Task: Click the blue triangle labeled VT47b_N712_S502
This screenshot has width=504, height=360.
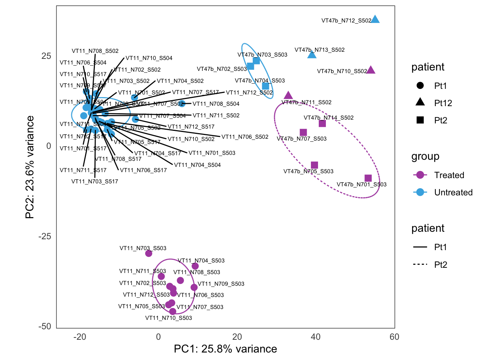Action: click(375, 19)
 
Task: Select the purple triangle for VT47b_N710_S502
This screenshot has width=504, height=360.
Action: click(370, 70)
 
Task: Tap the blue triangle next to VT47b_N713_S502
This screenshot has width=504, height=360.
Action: click(312, 55)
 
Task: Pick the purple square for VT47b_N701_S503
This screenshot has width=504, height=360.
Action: click(368, 178)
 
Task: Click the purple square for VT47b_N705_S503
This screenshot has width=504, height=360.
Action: click(314, 165)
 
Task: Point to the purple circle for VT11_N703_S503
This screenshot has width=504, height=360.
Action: click(148, 253)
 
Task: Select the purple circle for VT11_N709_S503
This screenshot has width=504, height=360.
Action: click(194, 288)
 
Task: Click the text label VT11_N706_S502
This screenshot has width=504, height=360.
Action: click(245, 137)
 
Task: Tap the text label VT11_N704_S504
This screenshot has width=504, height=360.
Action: click(197, 165)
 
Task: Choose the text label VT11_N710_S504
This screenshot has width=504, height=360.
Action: click(149, 58)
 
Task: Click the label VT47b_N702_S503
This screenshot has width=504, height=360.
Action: click(222, 69)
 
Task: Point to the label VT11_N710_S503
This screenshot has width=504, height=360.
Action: click(168, 318)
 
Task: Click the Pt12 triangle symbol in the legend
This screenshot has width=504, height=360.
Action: click(420, 102)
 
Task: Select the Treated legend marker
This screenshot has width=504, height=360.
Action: click(420, 175)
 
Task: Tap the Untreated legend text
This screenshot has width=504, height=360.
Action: click(453, 192)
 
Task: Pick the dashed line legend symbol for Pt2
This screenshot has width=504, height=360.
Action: click(420, 264)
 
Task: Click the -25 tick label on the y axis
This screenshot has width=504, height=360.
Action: click(45, 236)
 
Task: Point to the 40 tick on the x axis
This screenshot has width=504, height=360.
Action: click(315, 337)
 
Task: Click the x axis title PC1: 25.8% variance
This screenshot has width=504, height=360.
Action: click(225, 349)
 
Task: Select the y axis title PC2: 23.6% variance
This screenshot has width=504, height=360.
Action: click(30, 167)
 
